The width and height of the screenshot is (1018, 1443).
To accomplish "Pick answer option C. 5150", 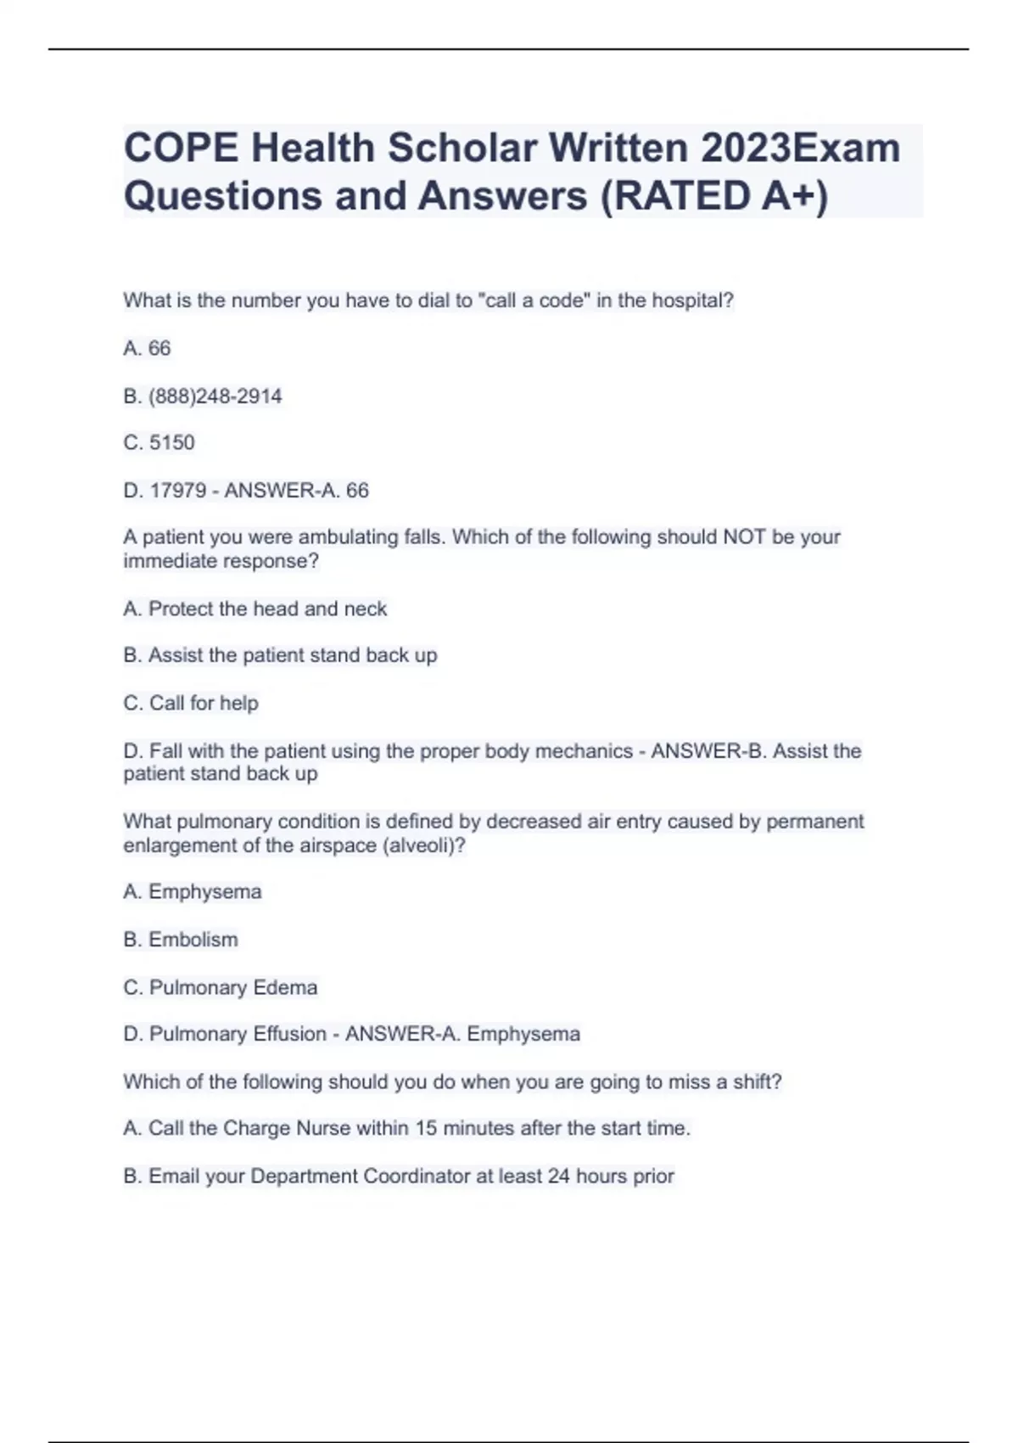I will click(x=159, y=443).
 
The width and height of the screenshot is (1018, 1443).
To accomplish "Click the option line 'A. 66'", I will click(x=147, y=349).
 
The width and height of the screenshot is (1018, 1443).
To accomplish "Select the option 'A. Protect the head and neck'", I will click(x=255, y=609).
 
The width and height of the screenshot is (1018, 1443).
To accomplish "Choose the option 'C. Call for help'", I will click(x=191, y=703).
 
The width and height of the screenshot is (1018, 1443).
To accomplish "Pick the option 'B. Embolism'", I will click(x=181, y=940).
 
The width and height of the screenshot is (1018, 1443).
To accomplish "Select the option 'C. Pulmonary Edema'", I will click(x=221, y=987).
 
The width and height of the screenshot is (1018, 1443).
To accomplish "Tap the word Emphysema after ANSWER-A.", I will click(x=523, y=1034).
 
